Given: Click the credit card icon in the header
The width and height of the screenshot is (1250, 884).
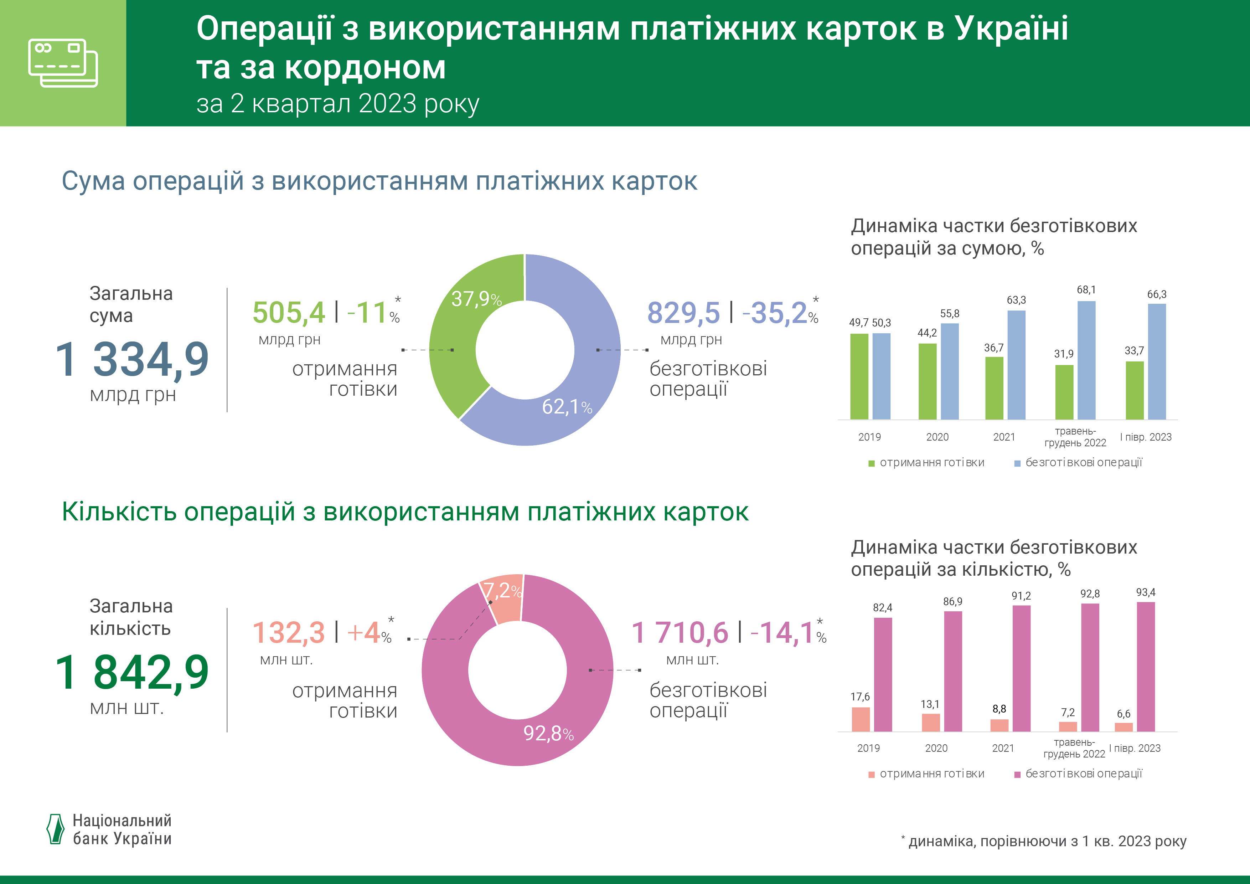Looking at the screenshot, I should pyautogui.click(x=63, y=63).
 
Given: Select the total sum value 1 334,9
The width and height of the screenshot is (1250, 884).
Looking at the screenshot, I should pyautogui.click(x=132, y=360).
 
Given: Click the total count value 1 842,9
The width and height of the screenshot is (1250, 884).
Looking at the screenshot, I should pyautogui.click(x=132, y=673).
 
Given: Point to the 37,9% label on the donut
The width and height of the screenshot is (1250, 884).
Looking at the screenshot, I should pyautogui.click(x=476, y=299).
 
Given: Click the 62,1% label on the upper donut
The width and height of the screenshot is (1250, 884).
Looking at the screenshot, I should pyautogui.click(x=566, y=407).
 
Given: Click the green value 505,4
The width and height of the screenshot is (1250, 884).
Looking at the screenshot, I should pyautogui.click(x=289, y=313).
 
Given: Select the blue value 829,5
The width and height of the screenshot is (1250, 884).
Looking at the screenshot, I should pyautogui.click(x=683, y=313).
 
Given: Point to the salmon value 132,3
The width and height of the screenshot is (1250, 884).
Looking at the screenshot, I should pyautogui.click(x=289, y=633).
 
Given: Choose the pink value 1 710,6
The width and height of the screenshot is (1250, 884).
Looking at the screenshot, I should pyautogui.click(x=680, y=633).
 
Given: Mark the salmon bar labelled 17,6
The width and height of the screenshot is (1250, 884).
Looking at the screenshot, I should pyautogui.click(x=861, y=719).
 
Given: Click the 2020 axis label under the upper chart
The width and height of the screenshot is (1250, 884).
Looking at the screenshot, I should pyautogui.click(x=937, y=437).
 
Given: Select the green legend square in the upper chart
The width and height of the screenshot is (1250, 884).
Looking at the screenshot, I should pyautogui.click(x=871, y=463).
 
